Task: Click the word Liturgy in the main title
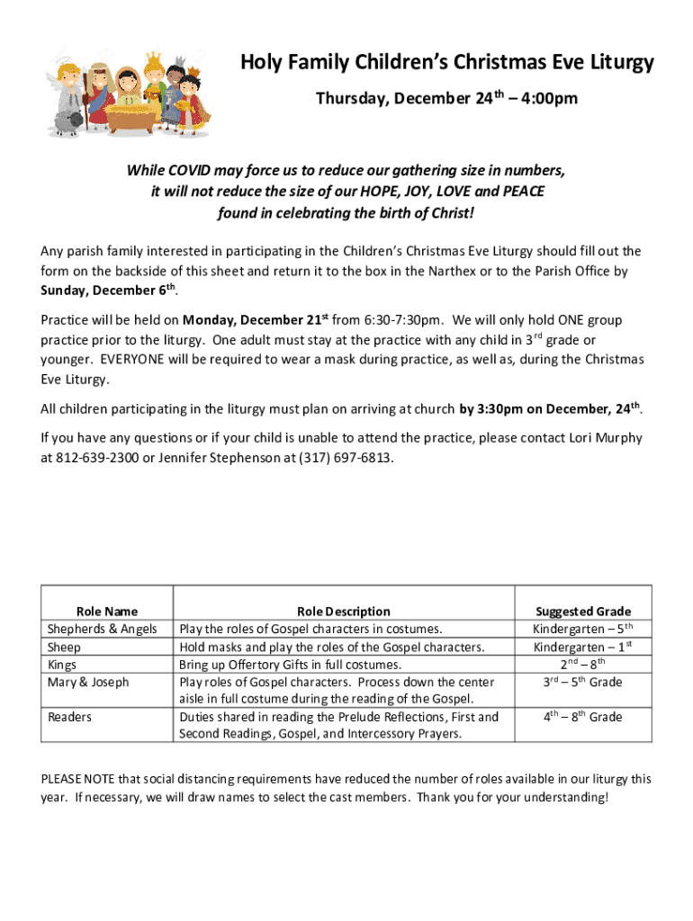tap(617, 63)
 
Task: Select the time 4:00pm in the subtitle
tap(546, 99)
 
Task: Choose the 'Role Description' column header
tap(344, 612)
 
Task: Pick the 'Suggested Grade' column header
tap(583, 612)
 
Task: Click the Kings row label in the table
tap(63, 665)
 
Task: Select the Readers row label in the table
tap(69, 717)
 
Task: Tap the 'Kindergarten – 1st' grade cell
tap(583, 647)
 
